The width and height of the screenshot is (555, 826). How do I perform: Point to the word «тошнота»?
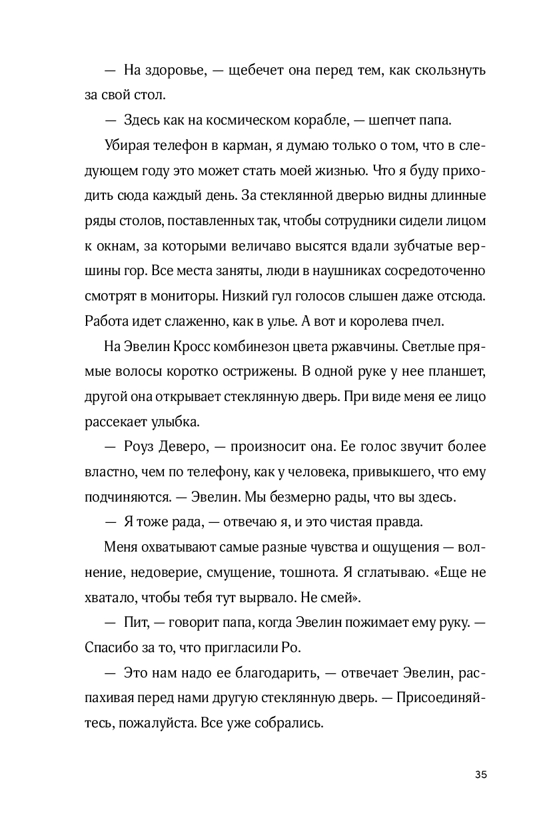tap(317, 572)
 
